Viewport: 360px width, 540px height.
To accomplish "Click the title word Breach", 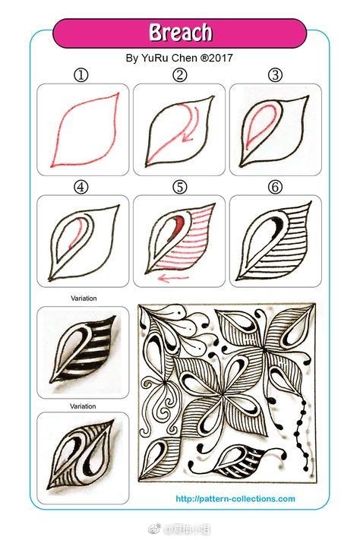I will (180, 33).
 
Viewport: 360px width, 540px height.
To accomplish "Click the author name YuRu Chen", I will (170, 57).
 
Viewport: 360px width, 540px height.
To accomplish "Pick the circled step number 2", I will (179, 74).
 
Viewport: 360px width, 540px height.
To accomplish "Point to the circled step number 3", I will (275, 74).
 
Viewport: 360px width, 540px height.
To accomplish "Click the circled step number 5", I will (179, 186).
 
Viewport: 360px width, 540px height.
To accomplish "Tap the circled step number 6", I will (275, 186).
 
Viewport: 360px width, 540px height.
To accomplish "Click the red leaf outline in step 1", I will (82, 128).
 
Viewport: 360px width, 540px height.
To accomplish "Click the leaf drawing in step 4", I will (82, 238).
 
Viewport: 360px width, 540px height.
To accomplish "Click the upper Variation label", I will (84, 298).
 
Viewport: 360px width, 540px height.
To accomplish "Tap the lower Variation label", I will (84, 406).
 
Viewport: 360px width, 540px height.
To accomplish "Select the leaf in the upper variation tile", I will (82, 349).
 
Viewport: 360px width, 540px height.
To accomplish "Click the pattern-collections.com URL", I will (235, 499).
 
